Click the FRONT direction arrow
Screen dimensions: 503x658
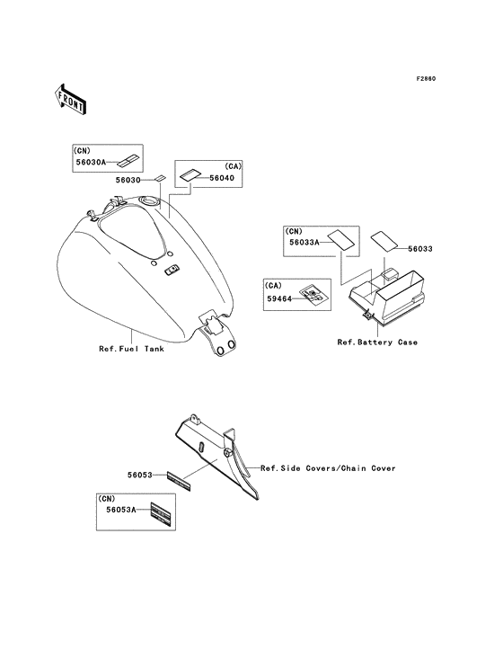(70, 99)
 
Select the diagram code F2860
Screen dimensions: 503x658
(426, 79)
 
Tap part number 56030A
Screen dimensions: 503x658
(91, 162)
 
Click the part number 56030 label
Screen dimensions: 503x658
(128, 180)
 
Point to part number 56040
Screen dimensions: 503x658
(222, 178)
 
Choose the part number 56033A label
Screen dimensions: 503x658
(304, 242)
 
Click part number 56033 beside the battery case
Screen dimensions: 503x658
(420, 249)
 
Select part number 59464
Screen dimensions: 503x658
(279, 298)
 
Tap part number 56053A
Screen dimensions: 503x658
(121, 510)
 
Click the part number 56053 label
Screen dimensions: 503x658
(140, 475)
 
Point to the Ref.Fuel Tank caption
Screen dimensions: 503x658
(132, 349)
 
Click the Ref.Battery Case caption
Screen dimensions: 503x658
(377, 342)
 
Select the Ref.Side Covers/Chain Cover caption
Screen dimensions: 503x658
(328, 468)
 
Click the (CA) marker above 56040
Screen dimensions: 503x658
(233, 166)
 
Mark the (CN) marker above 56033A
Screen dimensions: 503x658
(294, 231)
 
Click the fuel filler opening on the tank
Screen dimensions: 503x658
(150, 200)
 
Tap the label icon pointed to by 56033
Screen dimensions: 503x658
(384, 240)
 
